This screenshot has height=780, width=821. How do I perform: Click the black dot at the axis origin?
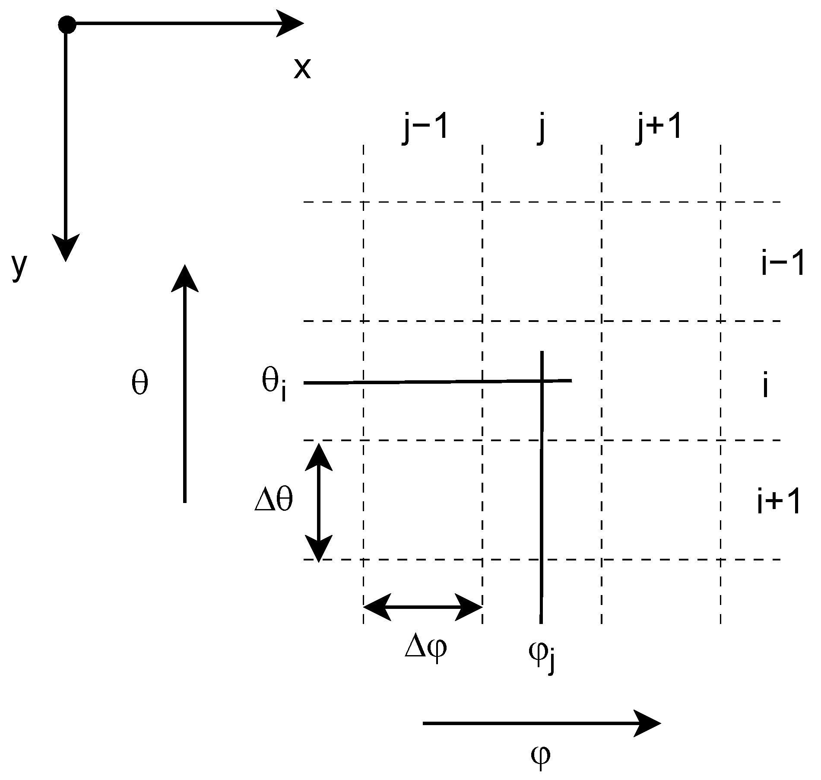[67, 25]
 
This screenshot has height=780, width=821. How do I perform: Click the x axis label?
[302, 69]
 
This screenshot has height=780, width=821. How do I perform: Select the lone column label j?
[542, 129]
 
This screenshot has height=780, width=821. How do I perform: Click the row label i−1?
[782, 264]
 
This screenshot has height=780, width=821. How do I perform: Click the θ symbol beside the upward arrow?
[139, 383]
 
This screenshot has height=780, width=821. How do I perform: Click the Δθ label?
[274, 501]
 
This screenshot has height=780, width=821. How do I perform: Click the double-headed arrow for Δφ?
[423, 607]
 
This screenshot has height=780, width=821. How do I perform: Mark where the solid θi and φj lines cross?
[541, 381]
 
